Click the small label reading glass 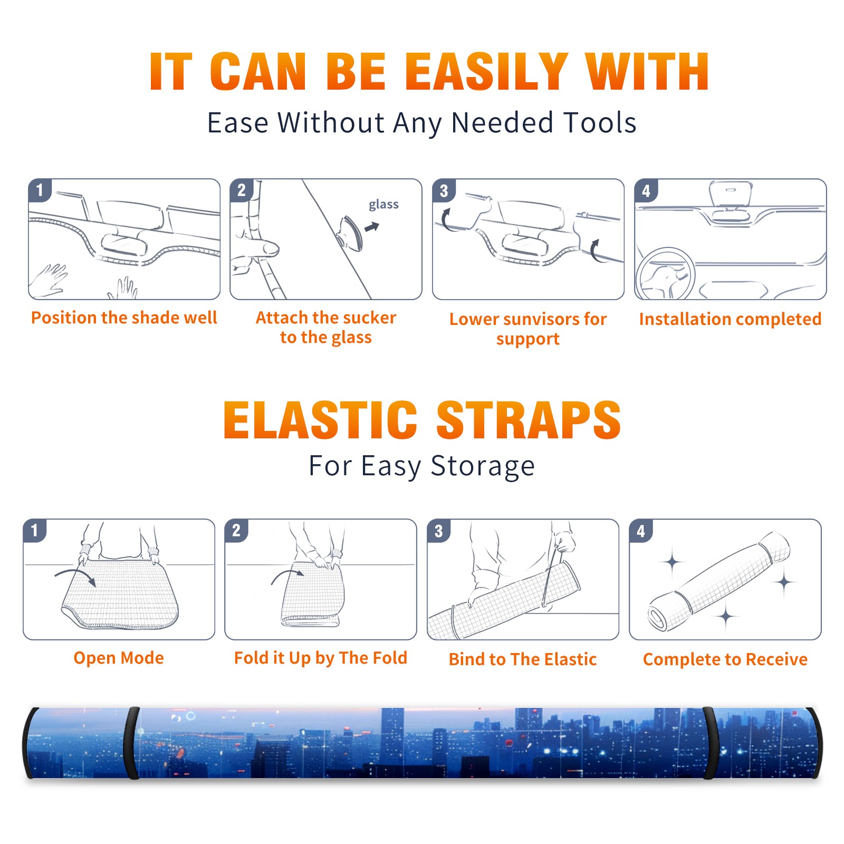[383, 205]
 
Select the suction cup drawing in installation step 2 [350, 233]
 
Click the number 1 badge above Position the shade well [40, 190]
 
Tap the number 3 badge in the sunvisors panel [444, 190]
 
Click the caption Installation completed [730, 319]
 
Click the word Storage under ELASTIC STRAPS [483, 466]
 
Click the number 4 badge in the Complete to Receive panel [641, 531]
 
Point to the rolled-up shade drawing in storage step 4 [719, 581]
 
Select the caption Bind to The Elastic [522, 659]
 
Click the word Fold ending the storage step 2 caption [389, 658]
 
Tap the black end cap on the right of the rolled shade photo [816, 743]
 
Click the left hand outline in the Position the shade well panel [49, 280]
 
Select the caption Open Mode [119, 658]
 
